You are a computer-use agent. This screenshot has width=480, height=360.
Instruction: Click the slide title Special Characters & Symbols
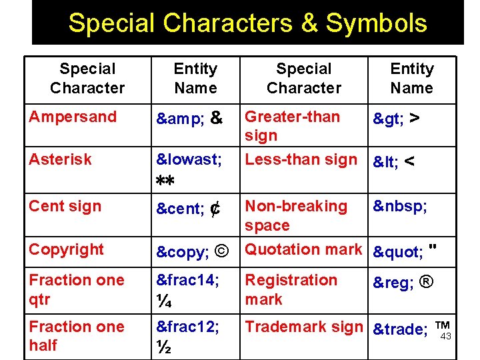247,23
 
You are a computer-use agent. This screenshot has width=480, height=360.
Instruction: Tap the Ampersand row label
73,117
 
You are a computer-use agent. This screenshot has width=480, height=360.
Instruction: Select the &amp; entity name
181,119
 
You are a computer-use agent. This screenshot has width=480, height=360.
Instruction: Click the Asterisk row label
60,159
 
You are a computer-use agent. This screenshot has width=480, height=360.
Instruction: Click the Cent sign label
65,206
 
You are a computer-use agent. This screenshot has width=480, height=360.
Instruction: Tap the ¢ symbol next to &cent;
215,209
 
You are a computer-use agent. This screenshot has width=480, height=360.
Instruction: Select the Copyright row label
67,249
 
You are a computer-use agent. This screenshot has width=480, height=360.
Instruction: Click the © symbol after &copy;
223,252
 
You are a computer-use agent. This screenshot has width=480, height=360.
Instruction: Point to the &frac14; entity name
187,281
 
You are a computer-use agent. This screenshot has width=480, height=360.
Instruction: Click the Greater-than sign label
292,126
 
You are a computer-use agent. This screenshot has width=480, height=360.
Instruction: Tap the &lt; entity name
386,161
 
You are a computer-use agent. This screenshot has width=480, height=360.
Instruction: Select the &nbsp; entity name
400,207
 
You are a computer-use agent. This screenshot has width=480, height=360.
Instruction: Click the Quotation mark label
303,249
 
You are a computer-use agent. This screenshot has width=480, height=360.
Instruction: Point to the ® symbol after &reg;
427,282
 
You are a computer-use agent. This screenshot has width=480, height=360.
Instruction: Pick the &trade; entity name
400,329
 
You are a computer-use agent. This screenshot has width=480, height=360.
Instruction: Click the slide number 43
446,337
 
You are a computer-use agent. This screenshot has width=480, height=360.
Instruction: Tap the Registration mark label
291,289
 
